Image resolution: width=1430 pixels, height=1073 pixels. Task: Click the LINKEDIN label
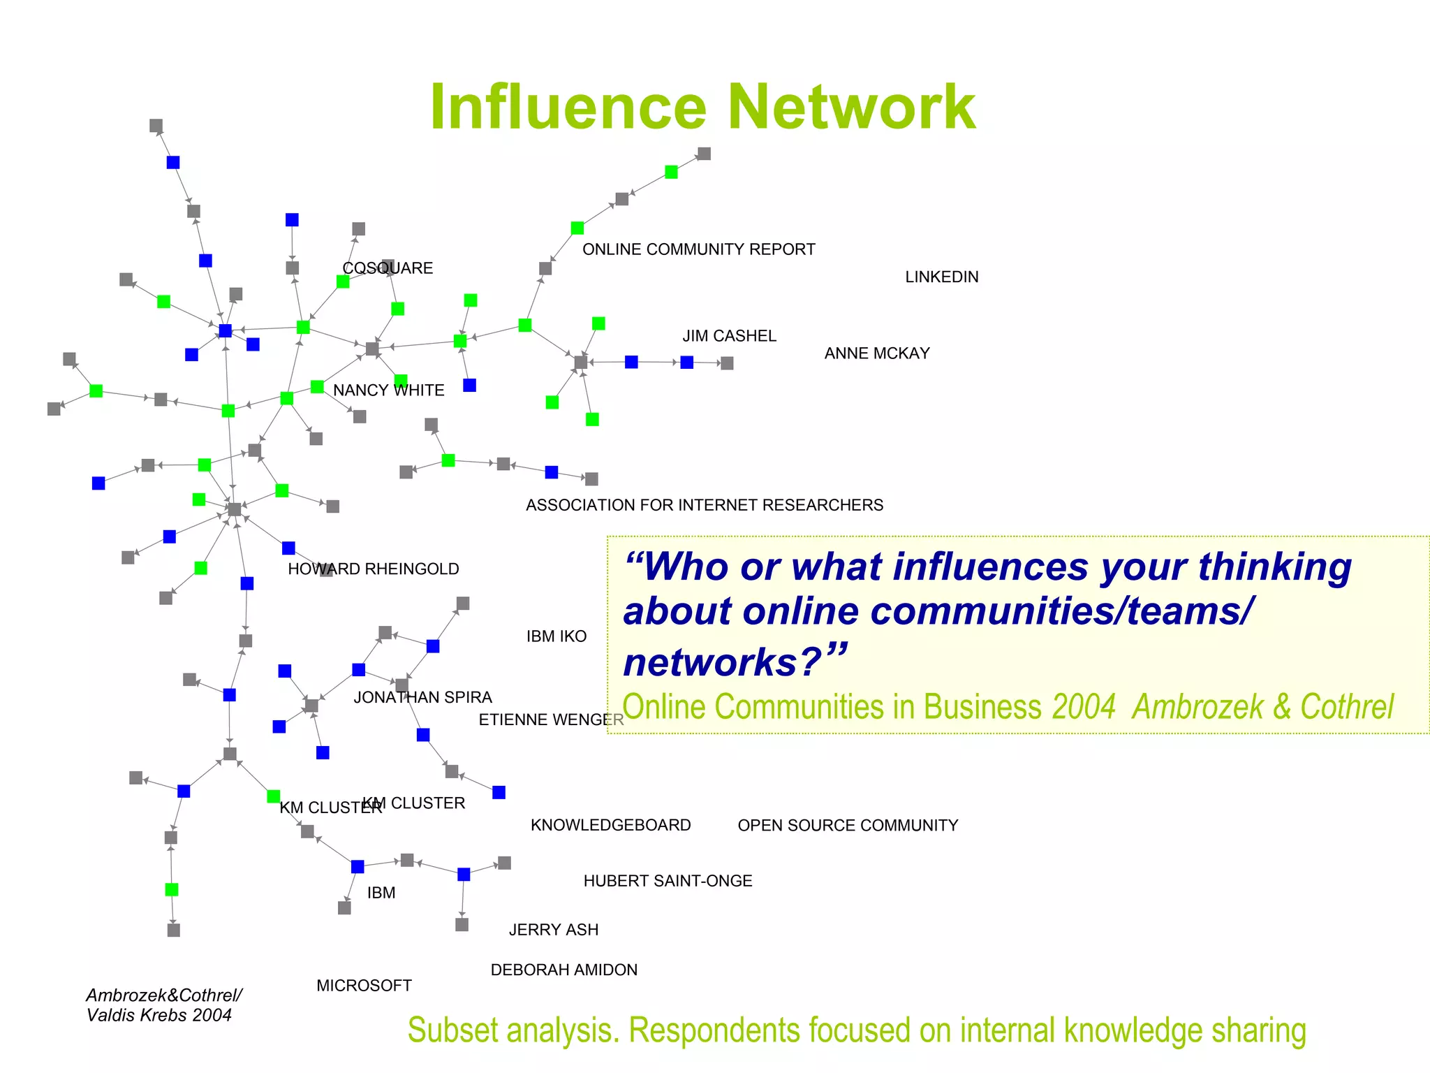click(941, 277)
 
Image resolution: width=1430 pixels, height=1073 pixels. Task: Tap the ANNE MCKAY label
click(876, 353)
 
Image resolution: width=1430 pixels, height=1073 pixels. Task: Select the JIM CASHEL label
click(729, 336)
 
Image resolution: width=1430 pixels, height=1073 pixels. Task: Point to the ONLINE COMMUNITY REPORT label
click(698, 249)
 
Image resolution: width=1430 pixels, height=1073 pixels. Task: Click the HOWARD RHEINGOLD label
click(373, 569)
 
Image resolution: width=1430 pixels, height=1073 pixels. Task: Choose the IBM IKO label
click(556, 636)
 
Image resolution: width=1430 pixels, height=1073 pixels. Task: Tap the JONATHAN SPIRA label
click(422, 697)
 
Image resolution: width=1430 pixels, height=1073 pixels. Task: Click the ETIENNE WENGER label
click(550, 720)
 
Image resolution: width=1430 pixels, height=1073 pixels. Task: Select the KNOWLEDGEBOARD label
click(610, 825)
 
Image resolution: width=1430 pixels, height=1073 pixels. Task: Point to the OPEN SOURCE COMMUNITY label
click(848, 826)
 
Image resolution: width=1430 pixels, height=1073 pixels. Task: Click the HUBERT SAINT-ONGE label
click(668, 881)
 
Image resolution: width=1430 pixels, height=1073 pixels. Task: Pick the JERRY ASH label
click(553, 930)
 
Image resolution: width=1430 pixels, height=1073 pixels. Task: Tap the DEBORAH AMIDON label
click(563, 970)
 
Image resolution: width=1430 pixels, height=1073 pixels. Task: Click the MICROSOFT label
click(364, 986)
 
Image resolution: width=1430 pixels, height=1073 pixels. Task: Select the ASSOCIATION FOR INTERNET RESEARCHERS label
click(704, 505)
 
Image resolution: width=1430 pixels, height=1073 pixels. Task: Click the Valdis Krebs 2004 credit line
click(159, 1015)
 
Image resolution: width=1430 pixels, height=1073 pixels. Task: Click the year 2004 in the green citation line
click(1084, 707)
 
